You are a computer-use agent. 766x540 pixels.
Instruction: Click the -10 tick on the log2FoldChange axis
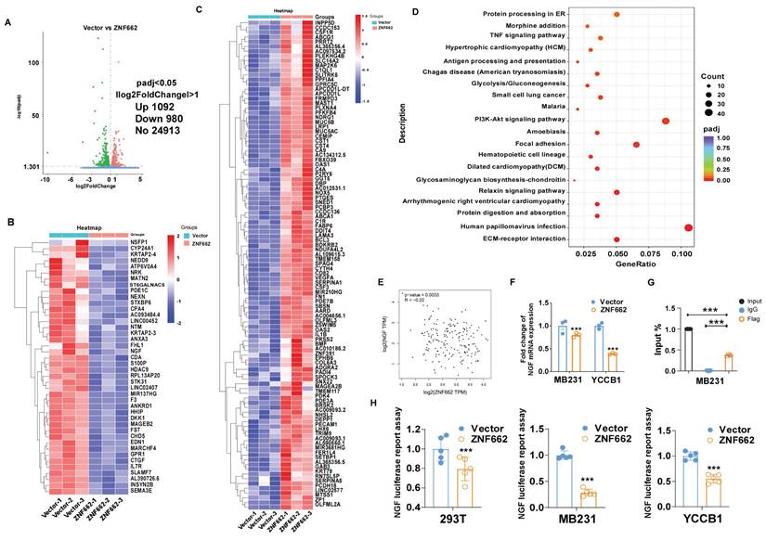45,178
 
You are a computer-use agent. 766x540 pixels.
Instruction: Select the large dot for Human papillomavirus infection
688,227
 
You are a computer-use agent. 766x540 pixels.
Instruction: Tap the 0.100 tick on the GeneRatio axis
681,251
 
